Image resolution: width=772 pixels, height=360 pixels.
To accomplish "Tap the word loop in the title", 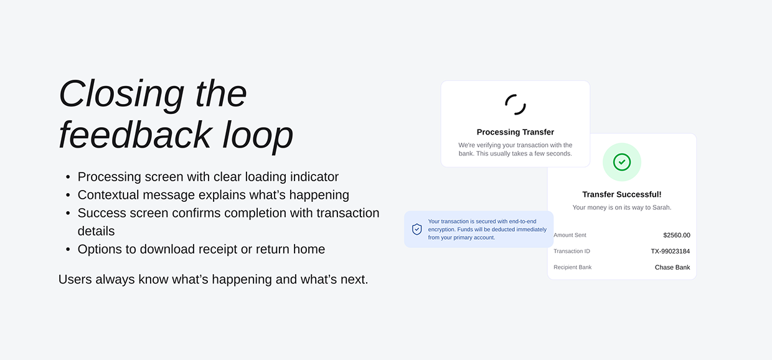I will [x=258, y=135].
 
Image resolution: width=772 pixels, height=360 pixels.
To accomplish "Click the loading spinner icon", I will [x=515, y=105].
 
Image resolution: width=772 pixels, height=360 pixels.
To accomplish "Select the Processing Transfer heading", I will [x=515, y=132].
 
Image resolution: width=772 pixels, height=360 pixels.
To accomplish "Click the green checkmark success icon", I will [x=622, y=162].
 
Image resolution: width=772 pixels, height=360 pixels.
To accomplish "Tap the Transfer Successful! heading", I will [x=622, y=194].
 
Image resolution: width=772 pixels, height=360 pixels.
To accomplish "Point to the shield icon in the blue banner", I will [x=417, y=229].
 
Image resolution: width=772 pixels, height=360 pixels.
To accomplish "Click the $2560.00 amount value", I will [x=677, y=235].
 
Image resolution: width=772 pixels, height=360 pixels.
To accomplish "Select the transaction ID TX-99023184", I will [x=671, y=252].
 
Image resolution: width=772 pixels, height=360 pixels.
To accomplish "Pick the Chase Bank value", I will [x=672, y=267].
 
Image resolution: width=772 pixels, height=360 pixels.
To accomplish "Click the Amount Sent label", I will [x=570, y=235].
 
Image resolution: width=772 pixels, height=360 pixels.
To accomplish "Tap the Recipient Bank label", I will [x=573, y=267].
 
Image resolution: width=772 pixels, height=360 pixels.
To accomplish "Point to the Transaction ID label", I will [x=572, y=252].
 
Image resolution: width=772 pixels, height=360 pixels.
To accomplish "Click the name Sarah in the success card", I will [x=661, y=207].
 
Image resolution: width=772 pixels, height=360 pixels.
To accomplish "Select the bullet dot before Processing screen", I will [x=68, y=177].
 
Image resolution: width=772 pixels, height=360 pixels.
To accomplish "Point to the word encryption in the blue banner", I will [x=442, y=229].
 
